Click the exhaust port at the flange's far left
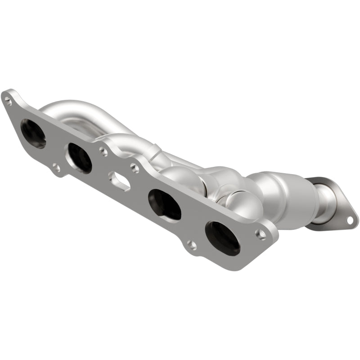pyautogui.click(x=33, y=134)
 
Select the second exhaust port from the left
pyautogui.click(x=79, y=157)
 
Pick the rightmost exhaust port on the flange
pyautogui.click(x=222, y=238)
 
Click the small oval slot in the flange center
pyautogui.click(x=119, y=181)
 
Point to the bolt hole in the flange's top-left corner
pyautogui.click(x=8, y=101)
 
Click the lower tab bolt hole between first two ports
pyautogui.click(x=56, y=168)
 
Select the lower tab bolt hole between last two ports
pyautogui.click(x=192, y=245)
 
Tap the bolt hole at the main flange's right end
pyautogui.click(x=261, y=234)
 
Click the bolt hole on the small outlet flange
pyautogui.click(x=349, y=220)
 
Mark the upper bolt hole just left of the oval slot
pyautogui.click(x=104, y=152)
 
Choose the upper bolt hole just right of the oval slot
pyautogui.click(x=134, y=168)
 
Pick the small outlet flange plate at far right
pyautogui.click(x=337, y=205)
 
